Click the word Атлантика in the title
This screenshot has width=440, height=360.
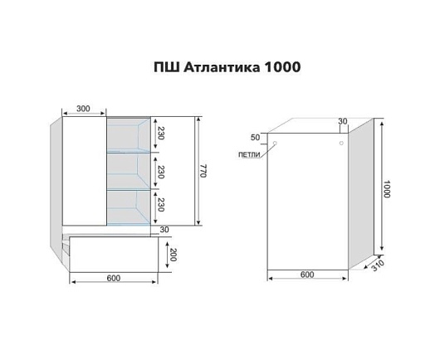coord(222,67)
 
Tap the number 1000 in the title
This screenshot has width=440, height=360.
coord(282,67)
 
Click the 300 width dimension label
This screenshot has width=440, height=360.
coord(83,109)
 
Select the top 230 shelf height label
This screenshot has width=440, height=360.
coord(160,133)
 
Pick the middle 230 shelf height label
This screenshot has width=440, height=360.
coord(160,172)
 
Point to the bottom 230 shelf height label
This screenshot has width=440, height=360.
coord(160,205)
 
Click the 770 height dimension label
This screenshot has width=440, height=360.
coord(203,171)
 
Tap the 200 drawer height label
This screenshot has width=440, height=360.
coord(173,255)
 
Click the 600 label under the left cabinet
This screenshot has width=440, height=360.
coord(114,278)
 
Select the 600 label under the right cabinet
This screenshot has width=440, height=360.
coord(307,275)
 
